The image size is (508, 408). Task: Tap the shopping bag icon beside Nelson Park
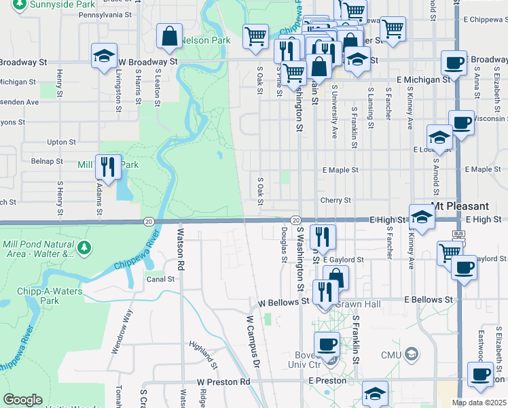(170, 35)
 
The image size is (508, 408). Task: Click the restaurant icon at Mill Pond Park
(108, 167)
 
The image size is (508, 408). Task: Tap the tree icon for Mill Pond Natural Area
(84, 248)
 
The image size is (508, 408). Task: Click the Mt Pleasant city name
(460, 206)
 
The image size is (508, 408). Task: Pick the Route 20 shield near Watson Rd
(148, 220)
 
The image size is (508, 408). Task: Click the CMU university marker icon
(410, 354)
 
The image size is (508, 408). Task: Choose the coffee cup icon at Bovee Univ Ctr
(327, 344)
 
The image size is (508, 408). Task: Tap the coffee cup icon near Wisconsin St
(461, 124)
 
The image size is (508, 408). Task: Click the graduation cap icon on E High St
(422, 218)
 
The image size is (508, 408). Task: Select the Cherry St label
(335, 201)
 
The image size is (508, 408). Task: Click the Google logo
(23, 400)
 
